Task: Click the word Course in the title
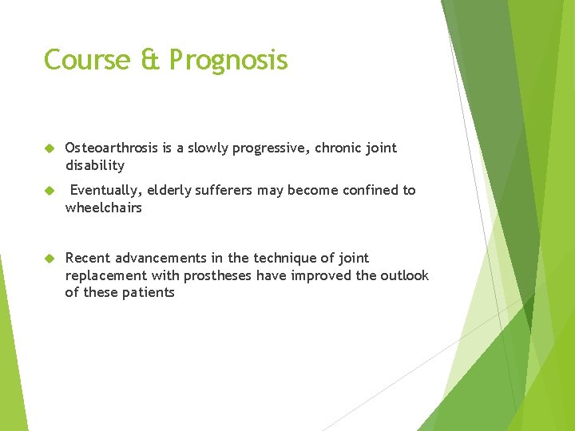click(x=87, y=59)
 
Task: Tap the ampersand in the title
click(x=150, y=59)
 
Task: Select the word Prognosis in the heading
click(x=228, y=61)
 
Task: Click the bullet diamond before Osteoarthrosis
click(x=50, y=148)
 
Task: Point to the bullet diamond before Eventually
click(x=50, y=191)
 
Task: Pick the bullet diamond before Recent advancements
click(x=50, y=259)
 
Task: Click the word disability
click(x=95, y=166)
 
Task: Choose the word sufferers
click(x=224, y=190)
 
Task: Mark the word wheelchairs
click(x=103, y=208)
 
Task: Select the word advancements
click(x=161, y=258)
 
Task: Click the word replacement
click(x=106, y=276)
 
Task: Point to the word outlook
click(x=404, y=275)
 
